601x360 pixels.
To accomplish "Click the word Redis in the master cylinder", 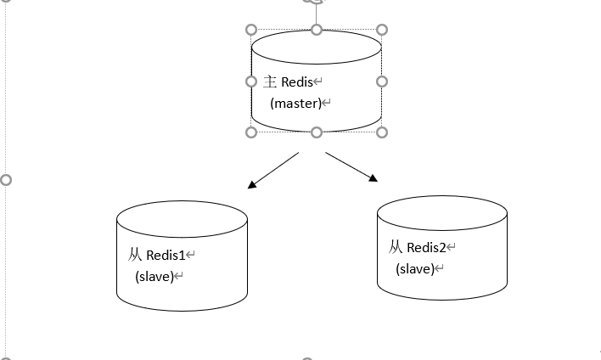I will (x=295, y=82).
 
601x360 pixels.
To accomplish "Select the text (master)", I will (x=296, y=104).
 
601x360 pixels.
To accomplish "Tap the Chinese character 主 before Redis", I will (x=271, y=82).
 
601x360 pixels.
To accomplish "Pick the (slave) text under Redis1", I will (x=154, y=276).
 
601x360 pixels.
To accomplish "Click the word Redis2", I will (x=425, y=248).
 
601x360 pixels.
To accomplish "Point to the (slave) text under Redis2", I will (x=414, y=269).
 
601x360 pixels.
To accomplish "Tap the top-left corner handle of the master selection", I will (x=251, y=30).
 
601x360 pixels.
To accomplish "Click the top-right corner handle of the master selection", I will (x=381, y=30).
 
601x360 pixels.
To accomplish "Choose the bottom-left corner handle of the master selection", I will (x=251, y=132).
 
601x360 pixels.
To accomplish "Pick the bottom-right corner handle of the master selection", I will (x=381, y=132).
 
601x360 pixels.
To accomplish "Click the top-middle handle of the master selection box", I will (x=317, y=30).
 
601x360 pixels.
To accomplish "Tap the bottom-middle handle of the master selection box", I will (x=317, y=132).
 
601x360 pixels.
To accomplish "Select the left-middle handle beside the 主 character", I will (x=251, y=82).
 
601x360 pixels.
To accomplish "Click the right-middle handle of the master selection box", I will (x=381, y=82).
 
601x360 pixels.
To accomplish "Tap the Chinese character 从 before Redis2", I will (x=396, y=248).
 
